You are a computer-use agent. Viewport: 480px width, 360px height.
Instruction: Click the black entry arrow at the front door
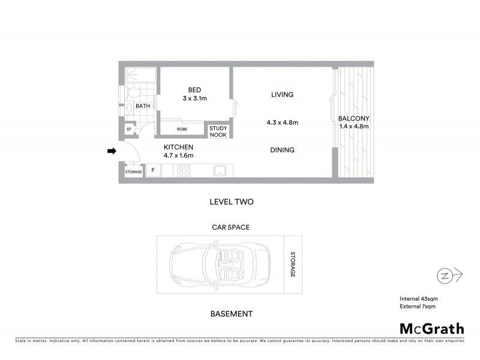tap(111, 152)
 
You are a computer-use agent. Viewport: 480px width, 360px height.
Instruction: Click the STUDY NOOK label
tap(218, 131)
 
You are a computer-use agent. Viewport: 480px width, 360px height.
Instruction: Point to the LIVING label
tap(282, 95)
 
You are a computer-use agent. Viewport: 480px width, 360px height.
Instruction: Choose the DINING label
tap(282, 150)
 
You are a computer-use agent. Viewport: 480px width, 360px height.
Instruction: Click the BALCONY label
tap(353, 118)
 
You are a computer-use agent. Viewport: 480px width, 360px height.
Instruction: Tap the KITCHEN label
tap(179, 147)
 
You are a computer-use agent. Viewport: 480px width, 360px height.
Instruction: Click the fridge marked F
tap(153, 171)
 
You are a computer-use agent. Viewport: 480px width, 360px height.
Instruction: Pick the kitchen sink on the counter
tap(220, 170)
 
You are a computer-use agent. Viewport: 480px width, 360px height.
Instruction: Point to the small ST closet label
tap(128, 130)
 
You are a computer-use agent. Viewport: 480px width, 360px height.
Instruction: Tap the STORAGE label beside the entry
tap(133, 172)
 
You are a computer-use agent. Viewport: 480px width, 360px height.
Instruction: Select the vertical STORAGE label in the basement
tap(293, 265)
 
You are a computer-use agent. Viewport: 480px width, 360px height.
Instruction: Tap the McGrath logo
tap(431, 328)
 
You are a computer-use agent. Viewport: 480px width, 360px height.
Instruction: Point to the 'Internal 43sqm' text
tap(418, 299)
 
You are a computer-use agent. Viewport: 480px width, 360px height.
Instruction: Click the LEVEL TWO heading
tap(231, 202)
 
